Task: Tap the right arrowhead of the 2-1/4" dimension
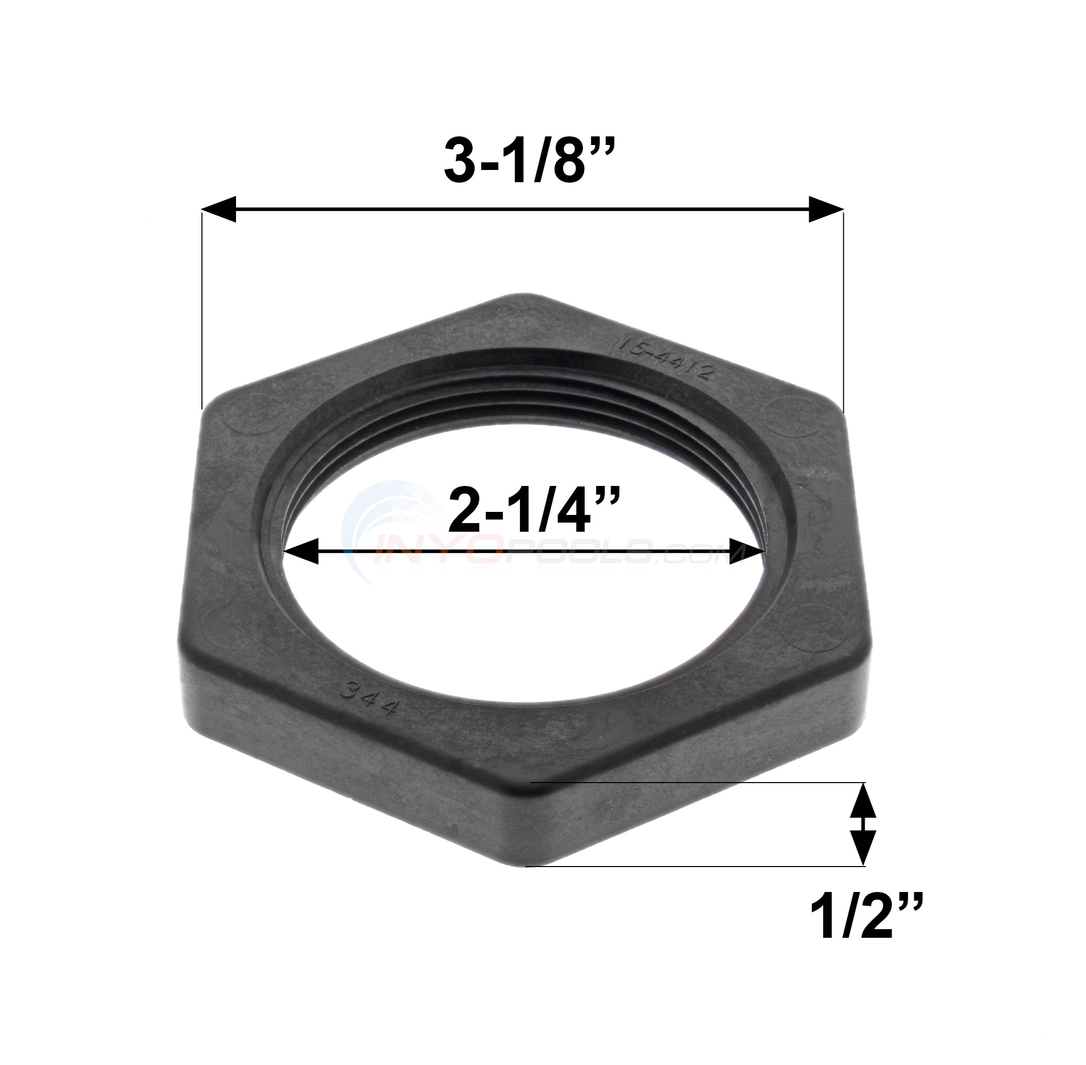coord(748,551)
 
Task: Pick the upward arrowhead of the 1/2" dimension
coord(864,801)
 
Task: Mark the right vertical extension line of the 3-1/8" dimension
coord(843,313)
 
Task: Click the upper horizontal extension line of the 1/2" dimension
coord(699,782)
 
